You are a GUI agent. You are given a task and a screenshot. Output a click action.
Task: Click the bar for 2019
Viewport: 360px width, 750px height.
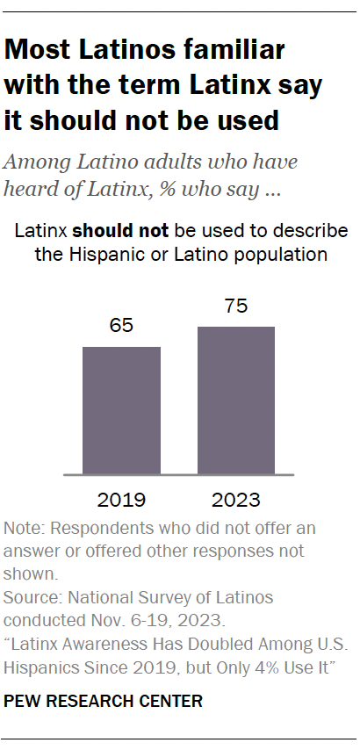121,410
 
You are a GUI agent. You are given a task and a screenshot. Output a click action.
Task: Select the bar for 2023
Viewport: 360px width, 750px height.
235,400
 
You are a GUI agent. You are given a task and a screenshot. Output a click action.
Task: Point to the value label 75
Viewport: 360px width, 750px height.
235,307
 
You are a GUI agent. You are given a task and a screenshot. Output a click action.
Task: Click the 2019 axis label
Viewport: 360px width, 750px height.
121,501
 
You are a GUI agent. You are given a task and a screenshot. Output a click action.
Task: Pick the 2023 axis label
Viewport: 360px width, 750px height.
235,501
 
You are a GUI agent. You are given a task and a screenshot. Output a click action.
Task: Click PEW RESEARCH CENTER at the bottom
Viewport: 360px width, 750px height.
104,701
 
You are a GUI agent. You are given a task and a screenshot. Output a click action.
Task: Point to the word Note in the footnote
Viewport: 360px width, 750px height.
22,529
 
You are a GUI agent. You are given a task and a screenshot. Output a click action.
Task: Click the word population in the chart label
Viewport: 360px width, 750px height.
288,255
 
